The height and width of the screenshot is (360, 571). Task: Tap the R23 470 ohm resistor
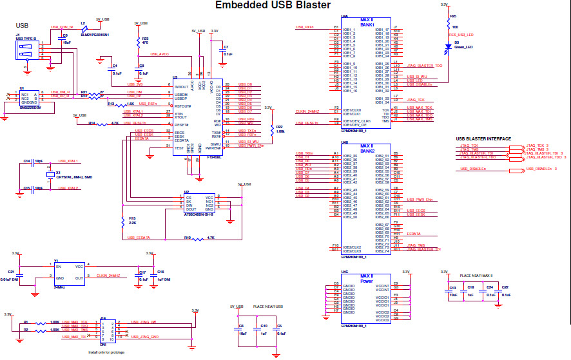(137, 41)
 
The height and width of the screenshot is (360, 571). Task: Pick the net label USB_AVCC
(160, 55)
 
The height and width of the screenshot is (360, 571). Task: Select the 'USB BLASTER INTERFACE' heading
(483, 138)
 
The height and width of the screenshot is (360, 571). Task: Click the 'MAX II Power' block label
(366, 278)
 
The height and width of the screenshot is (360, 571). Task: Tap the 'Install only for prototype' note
(106, 352)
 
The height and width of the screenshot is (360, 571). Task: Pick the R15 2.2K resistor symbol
(122, 222)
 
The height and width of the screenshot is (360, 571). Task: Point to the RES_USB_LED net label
(461, 35)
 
